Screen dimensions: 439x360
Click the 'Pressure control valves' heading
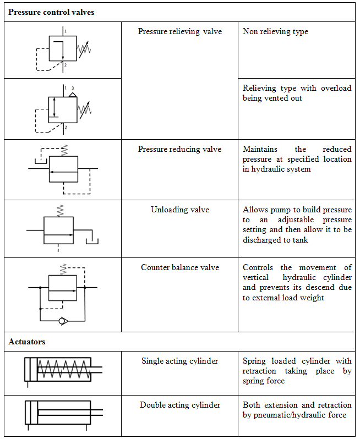(x=51, y=12)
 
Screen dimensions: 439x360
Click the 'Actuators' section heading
(x=27, y=342)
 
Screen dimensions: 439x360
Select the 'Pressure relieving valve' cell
(x=180, y=31)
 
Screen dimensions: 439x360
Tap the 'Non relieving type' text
(x=275, y=31)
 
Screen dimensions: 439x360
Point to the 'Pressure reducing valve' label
(x=180, y=149)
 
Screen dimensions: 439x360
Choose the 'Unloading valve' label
(x=180, y=210)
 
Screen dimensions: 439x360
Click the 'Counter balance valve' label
(x=180, y=267)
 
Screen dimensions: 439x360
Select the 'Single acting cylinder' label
(x=180, y=361)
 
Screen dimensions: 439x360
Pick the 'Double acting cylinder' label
(x=180, y=405)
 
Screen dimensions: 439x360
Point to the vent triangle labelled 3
(x=73, y=94)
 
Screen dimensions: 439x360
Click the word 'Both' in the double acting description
(x=252, y=405)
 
